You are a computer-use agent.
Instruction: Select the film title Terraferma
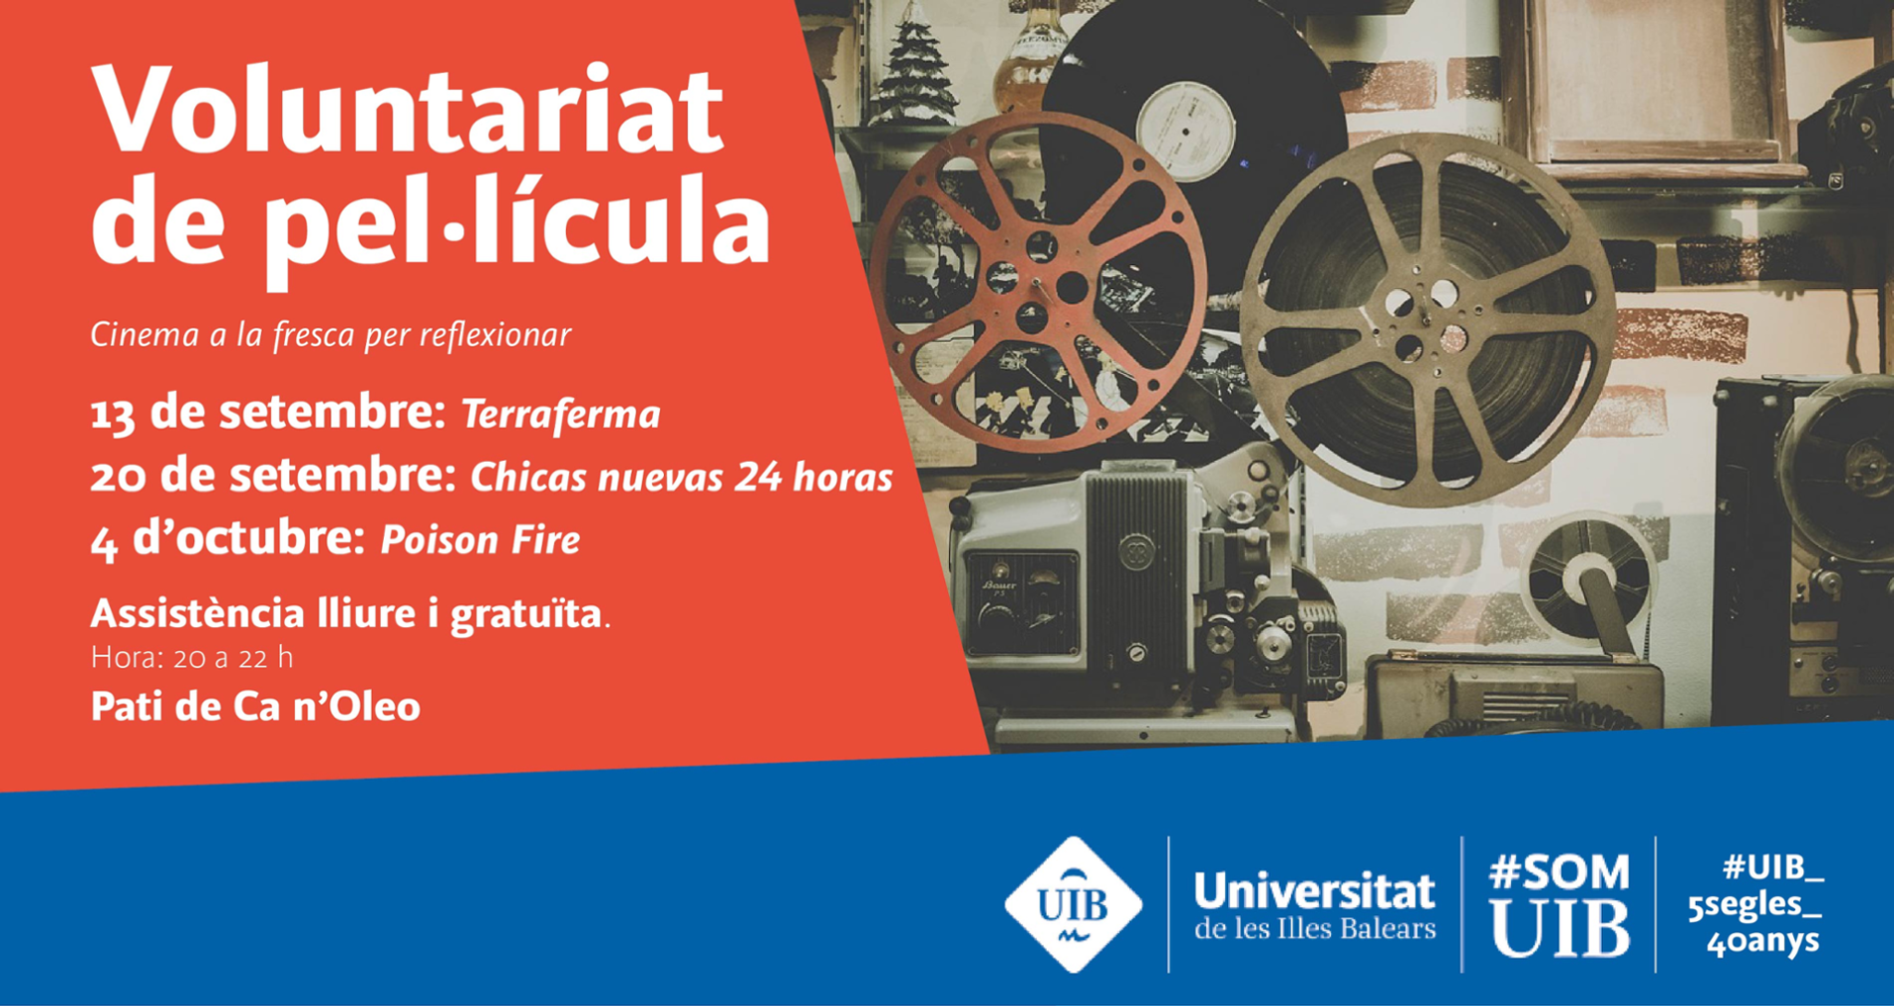tap(561, 415)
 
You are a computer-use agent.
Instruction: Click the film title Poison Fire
tap(480, 540)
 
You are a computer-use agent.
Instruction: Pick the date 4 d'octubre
tap(228, 539)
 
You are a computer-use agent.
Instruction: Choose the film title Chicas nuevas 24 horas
tap(682, 478)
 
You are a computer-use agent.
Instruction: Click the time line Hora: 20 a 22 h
tap(191, 658)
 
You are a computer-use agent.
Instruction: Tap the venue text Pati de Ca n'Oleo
tap(255, 707)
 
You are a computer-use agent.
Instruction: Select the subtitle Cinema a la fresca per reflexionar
tap(331, 335)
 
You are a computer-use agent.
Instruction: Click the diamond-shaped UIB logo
tap(1073, 904)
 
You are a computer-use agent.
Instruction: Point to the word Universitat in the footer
tap(1315, 891)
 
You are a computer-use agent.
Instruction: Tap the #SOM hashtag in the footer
tap(1559, 873)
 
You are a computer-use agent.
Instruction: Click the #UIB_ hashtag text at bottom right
tap(1773, 867)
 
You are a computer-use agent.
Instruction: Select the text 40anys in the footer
tap(1763, 941)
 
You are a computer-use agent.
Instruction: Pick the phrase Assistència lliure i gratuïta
tap(347, 614)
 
